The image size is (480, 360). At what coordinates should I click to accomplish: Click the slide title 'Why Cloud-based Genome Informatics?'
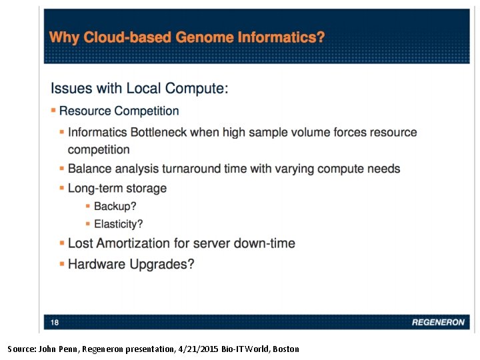pos(187,37)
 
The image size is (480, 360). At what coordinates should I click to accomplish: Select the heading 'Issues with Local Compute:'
pos(139,88)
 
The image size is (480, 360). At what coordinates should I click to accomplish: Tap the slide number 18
pos(55,322)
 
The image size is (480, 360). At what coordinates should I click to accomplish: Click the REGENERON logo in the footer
pos(437,322)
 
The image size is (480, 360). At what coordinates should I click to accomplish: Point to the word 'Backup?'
pos(115,207)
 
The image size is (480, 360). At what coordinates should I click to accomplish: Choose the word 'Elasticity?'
pos(118,224)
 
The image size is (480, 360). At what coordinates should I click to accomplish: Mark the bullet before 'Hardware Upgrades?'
pos(62,264)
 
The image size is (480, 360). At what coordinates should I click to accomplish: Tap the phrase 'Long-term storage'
pos(117,188)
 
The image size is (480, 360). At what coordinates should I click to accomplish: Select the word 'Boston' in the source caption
pos(285,349)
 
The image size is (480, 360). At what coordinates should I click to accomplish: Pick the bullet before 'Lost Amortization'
pos(62,243)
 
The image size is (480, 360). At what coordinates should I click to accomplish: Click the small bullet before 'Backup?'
pos(88,207)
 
